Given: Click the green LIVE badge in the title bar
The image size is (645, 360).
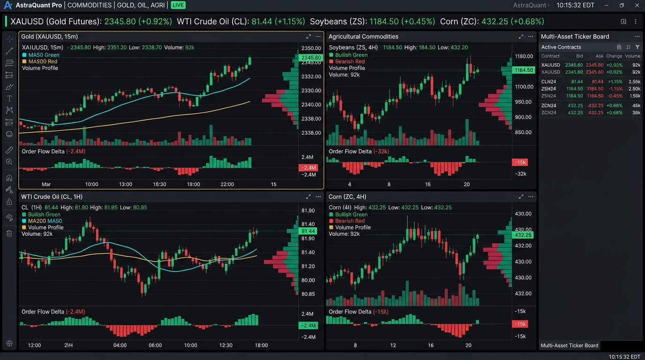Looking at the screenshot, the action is coord(178,5).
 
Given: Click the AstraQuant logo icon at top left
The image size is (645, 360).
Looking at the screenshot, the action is coord(8,5).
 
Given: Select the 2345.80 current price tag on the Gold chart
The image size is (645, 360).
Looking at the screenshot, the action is coord(311,58).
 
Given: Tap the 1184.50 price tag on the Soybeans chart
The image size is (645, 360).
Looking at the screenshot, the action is coord(524,70).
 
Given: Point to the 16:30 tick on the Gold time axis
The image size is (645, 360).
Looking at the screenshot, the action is coord(159,184).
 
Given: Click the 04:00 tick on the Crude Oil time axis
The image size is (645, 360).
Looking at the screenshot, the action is coord(120,345).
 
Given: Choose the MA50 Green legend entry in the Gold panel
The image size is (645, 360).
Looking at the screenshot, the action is coord(41,55).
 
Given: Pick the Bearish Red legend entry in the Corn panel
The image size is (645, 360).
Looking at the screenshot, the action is coord(347,221).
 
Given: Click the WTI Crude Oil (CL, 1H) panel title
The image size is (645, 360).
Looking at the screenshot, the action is coord(52,197).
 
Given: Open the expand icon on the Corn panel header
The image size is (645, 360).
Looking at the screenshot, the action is coord(521,197).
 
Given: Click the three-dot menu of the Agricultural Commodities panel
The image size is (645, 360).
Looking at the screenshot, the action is coord(531,37).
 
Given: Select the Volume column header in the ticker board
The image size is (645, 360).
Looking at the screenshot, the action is coord(632,56).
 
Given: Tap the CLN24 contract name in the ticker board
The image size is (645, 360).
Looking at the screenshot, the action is coord(548,82).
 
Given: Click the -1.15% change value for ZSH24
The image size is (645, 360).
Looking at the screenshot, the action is coord(615,89).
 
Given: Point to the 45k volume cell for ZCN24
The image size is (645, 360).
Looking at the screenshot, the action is coord(636,105).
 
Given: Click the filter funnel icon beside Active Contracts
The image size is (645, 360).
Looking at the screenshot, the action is coord(637,47).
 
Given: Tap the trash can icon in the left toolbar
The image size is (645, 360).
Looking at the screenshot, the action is coord(9,233).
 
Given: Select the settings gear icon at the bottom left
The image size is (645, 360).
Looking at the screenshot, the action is coord(9,343).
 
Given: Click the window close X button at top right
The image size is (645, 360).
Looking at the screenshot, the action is coord(637,5).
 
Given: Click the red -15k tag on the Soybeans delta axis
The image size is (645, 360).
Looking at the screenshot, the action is coord(520,163).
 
